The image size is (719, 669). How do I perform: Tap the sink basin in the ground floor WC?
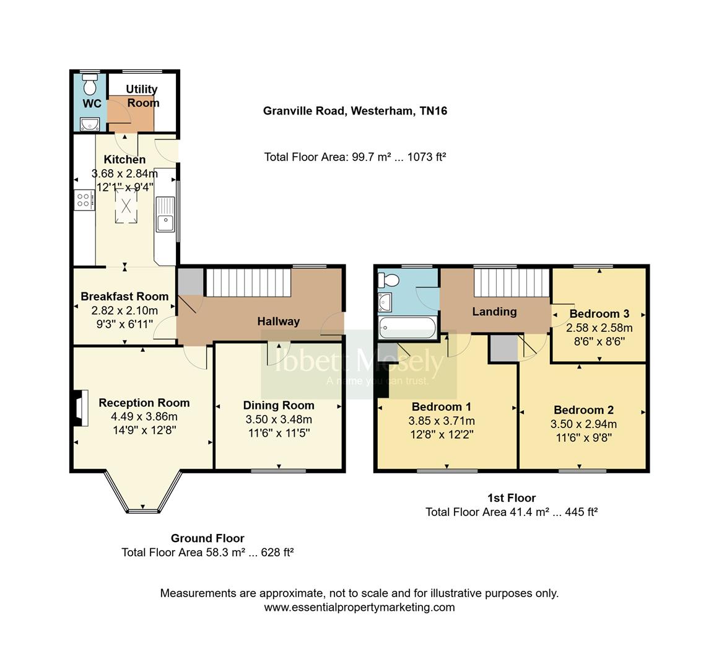(x=89, y=124)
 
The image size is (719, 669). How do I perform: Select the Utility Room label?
(x=142, y=96)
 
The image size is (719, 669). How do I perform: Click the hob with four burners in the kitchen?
(x=84, y=199)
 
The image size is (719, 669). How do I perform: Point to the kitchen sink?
(x=165, y=214)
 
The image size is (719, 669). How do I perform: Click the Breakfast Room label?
(x=124, y=297)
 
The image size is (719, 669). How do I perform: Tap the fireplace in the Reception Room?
(x=79, y=409)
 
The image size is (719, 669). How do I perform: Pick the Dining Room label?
(x=278, y=406)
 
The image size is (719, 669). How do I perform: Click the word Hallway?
(x=278, y=321)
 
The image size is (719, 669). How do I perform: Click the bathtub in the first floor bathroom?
(x=407, y=326)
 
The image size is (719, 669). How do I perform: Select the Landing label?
(x=494, y=312)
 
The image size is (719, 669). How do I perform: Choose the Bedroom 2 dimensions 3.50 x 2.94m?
(x=583, y=424)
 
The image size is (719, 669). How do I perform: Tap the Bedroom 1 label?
(x=441, y=407)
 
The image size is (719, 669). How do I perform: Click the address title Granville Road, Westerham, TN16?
(x=355, y=111)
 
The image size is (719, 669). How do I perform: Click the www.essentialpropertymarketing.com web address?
(x=359, y=607)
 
